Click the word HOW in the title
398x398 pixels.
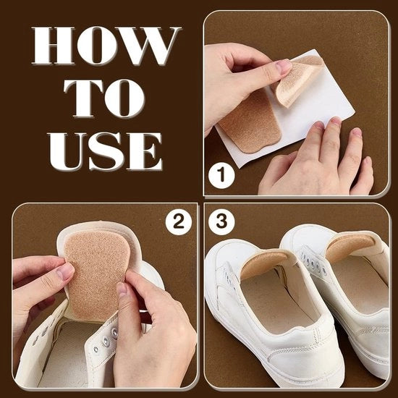click(x=106, y=45)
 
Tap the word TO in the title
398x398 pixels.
click(x=104, y=98)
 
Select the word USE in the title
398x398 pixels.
click(x=106, y=151)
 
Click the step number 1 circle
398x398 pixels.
click(x=221, y=176)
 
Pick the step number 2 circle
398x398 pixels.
click(x=179, y=222)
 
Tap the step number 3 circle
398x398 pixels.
click(x=221, y=221)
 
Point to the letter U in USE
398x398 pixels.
click(x=67, y=151)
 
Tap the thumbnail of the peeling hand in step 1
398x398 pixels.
click(x=284, y=66)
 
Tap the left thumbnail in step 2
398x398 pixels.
click(x=65, y=271)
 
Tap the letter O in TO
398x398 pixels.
click(x=124, y=98)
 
